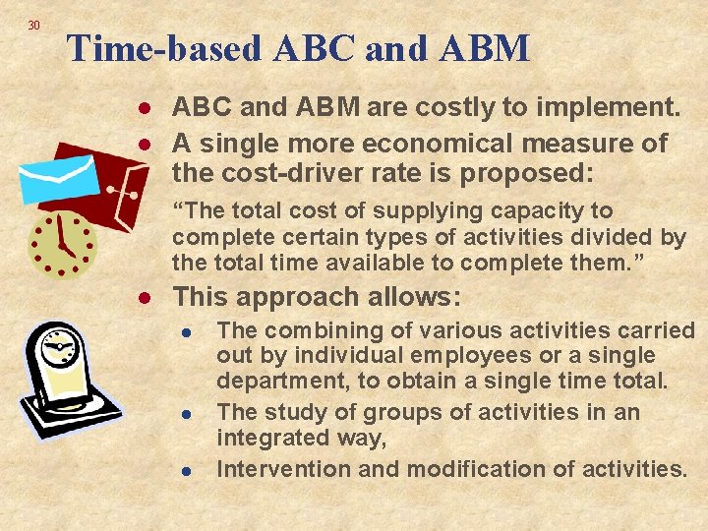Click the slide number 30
pyautogui.click(x=33, y=25)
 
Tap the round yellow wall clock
pyautogui.click(x=61, y=240)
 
